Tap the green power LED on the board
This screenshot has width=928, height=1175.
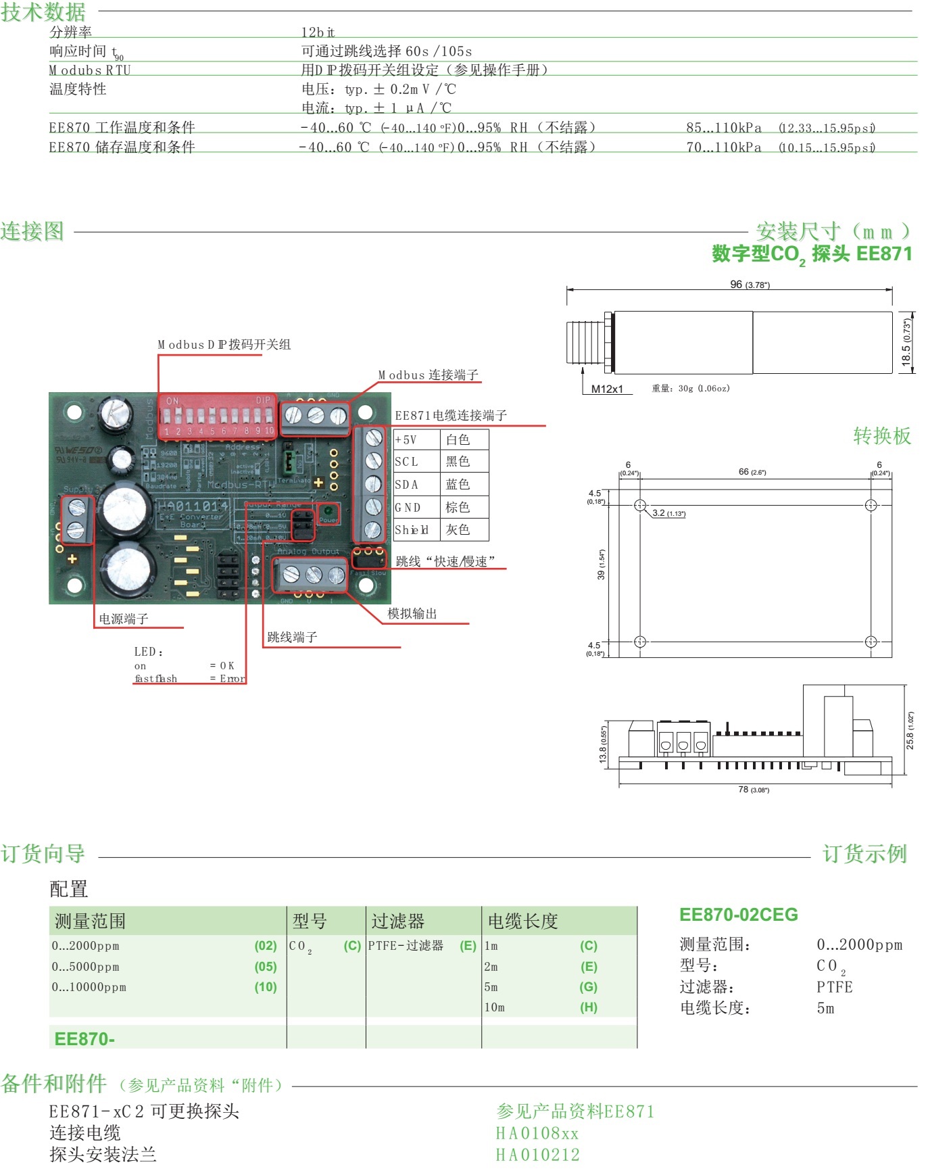pyautogui.click(x=328, y=512)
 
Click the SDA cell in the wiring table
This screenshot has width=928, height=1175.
pyautogui.click(x=407, y=485)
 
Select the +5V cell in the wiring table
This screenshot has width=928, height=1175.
pyautogui.click(x=406, y=440)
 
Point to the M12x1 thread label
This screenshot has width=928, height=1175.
pyautogui.click(x=607, y=389)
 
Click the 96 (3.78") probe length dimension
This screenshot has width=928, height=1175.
pyautogui.click(x=750, y=285)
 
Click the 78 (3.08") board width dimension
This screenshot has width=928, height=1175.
pyautogui.click(x=753, y=790)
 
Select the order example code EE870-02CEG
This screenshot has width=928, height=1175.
pyautogui.click(x=739, y=915)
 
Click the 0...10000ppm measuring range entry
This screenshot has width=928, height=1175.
pyautogui.click(x=89, y=987)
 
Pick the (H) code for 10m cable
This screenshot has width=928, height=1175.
pyautogui.click(x=589, y=1007)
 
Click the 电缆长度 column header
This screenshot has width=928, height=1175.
pyautogui.click(x=523, y=921)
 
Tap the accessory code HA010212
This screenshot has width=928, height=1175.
pyautogui.click(x=538, y=1155)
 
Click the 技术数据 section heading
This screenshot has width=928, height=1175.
pyautogui.click(x=43, y=12)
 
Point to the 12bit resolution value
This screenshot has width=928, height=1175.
pyautogui.click(x=318, y=32)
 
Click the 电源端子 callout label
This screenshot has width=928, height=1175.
pyautogui.click(x=124, y=619)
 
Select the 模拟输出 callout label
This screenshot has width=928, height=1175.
pyautogui.click(x=412, y=613)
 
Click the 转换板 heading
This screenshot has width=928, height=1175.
pyautogui.click(x=882, y=436)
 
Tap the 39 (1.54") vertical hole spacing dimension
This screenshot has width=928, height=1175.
pyautogui.click(x=601, y=565)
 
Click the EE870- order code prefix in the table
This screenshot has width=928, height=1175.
pyautogui.click(x=84, y=1039)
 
